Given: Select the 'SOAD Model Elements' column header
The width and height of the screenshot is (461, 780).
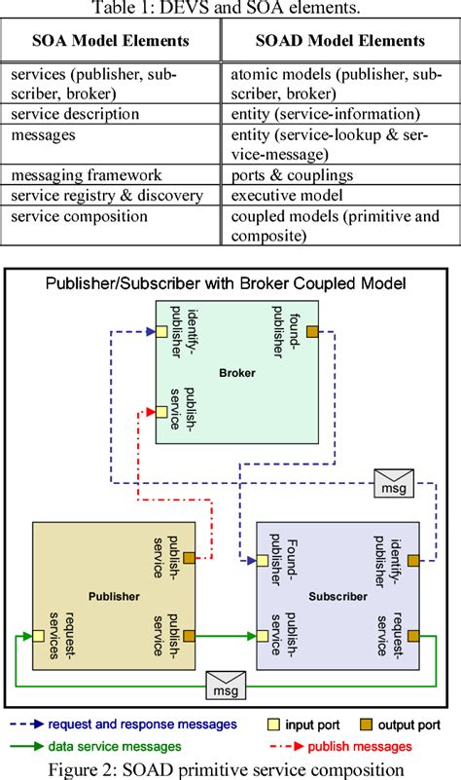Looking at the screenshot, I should pos(341,42).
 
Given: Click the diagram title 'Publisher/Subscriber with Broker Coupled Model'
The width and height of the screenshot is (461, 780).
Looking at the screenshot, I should pos(225,285).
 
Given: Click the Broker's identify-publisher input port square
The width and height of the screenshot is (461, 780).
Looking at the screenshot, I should pos(162,332).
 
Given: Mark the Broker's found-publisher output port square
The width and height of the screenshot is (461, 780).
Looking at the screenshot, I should pos(312,332).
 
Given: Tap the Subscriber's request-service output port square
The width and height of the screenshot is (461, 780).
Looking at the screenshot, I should pos(413,636).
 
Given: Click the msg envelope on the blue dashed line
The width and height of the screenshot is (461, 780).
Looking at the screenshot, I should pos(393,480).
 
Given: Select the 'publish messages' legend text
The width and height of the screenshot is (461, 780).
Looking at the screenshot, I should pos(356,747).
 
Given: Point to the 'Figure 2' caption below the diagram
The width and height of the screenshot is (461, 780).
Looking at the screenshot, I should pos(231,768).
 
